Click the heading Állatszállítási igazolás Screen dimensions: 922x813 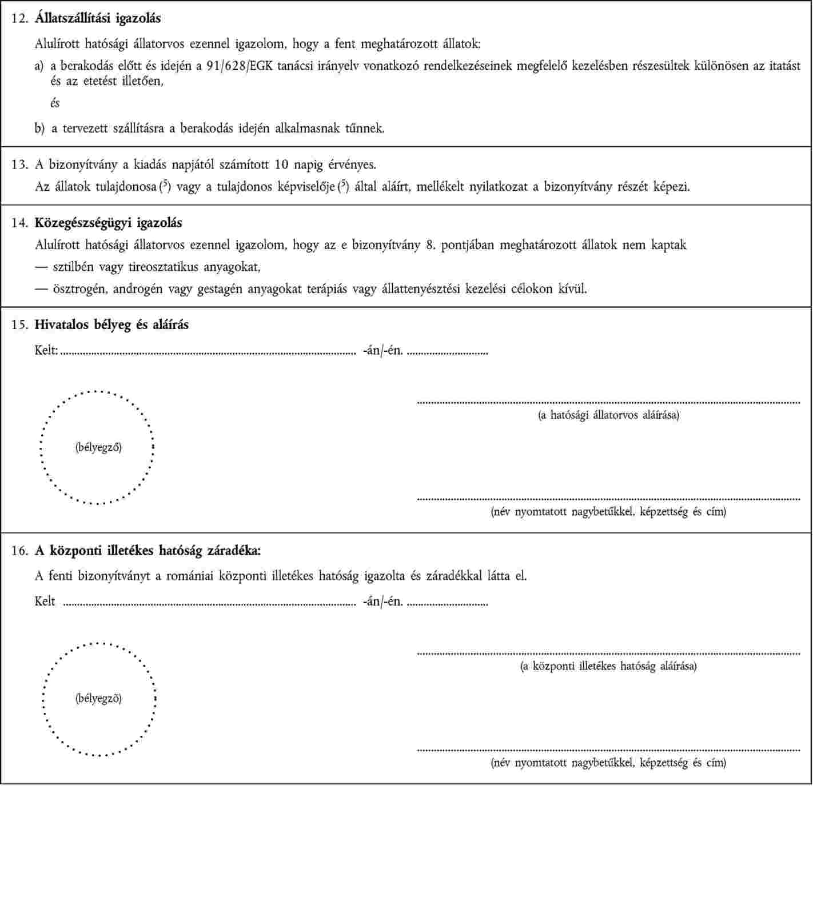tap(98, 18)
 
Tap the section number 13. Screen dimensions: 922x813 tap(19, 165)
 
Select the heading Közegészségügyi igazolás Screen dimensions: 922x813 tap(108, 223)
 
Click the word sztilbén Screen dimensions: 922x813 tap(73, 267)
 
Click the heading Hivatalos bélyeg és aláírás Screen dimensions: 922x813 tap(111, 325)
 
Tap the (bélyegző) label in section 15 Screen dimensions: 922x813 tap(98, 447)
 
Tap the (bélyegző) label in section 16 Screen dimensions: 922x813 tap(98, 698)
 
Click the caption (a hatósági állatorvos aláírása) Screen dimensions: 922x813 tap(608, 415)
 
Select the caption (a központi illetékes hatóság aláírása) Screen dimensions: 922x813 tap(608, 666)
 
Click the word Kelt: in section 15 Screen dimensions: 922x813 tap(46, 350)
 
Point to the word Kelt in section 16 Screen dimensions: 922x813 tap(45, 602)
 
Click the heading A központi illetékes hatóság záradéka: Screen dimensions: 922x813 tap(148, 551)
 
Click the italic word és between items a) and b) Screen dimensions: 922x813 tap(55, 103)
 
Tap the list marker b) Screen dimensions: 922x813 tap(39, 129)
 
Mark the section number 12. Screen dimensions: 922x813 tap(19, 18)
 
